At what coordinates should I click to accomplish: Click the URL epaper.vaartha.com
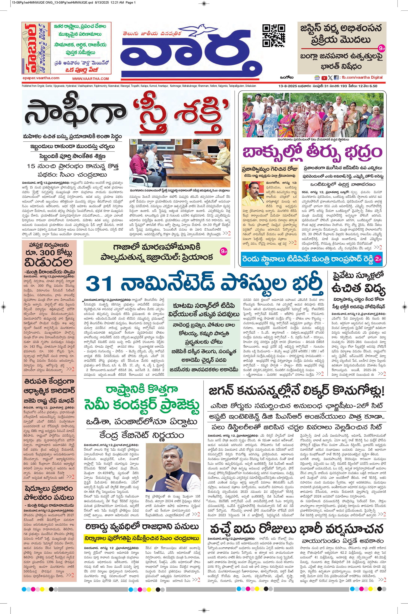click(41, 78)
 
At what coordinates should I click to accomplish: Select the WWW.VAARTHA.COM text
click(91, 78)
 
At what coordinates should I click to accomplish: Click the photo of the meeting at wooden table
click(180, 163)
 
